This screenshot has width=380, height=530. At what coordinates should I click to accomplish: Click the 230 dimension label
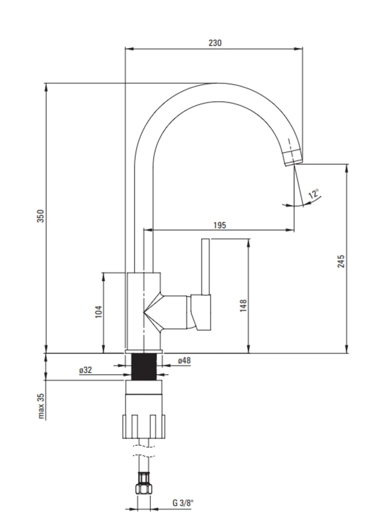(215, 43)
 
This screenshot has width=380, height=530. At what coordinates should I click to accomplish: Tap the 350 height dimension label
(41, 216)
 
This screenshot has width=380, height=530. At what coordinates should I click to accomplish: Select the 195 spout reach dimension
(220, 225)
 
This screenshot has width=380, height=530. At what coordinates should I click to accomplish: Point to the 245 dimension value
(341, 261)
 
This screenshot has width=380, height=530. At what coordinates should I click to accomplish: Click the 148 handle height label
(243, 305)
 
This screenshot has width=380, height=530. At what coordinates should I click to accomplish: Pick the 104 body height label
(99, 311)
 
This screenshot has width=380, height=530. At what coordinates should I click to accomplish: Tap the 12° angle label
(314, 193)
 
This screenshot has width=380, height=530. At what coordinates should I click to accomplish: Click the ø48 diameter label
(184, 360)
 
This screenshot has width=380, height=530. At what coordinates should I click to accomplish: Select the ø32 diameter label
(85, 370)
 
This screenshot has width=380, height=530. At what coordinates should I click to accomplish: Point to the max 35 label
(41, 406)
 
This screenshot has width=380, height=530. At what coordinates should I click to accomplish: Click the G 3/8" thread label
(183, 502)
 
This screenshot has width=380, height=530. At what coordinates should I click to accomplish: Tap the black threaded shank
(144, 366)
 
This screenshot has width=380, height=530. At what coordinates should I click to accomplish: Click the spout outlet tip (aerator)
(293, 157)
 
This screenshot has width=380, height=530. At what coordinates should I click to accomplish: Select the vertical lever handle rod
(206, 267)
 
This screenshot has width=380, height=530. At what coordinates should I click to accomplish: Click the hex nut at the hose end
(144, 488)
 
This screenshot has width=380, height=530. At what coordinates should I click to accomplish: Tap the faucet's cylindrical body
(144, 311)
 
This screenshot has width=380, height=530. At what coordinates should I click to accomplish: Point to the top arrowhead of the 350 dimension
(46, 87)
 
